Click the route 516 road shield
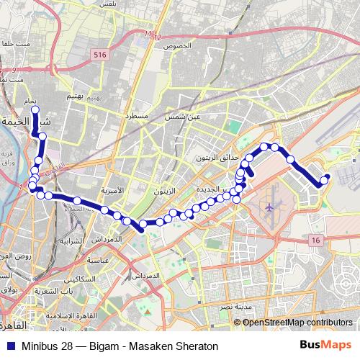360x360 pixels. (100, 54)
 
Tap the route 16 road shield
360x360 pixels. (315, 240)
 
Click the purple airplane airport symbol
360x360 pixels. (270, 207)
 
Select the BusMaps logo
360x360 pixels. (325, 345)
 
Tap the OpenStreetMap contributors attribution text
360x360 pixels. (297, 322)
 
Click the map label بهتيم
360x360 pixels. (86, 96)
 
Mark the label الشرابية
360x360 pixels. (73, 240)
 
